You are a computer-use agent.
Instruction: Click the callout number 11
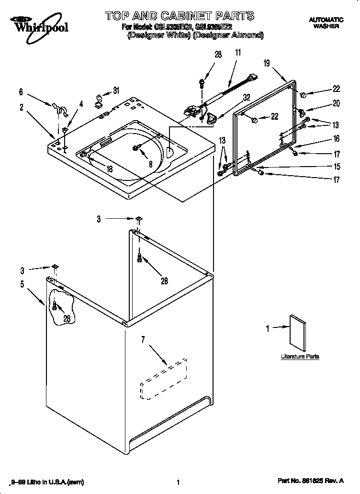pyautogui.click(x=238, y=54)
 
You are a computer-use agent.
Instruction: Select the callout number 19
pyautogui.click(x=267, y=63)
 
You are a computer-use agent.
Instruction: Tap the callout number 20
pyautogui.click(x=336, y=103)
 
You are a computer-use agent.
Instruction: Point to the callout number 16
pyautogui.click(x=336, y=139)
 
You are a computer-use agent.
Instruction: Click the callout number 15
pyautogui.click(x=336, y=167)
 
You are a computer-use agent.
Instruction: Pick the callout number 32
pyautogui.click(x=246, y=97)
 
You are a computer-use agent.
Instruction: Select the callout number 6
pyautogui.click(x=21, y=92)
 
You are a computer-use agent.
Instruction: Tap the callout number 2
pyautogui.click(x=22, y=108)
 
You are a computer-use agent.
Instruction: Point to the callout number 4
pyautogui.click(x=81, y=103)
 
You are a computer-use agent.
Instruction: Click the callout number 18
pyautogui.click(x=109, y=168)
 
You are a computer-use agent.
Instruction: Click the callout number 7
pyautogui.click(x=142, y=340)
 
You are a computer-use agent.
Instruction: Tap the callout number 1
pyautogui.click(x=268, y=328)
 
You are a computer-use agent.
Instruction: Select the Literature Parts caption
pyautogui.click(x=300, y=357)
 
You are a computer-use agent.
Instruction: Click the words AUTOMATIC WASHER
pyautogui.click(x=326, y=23)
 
